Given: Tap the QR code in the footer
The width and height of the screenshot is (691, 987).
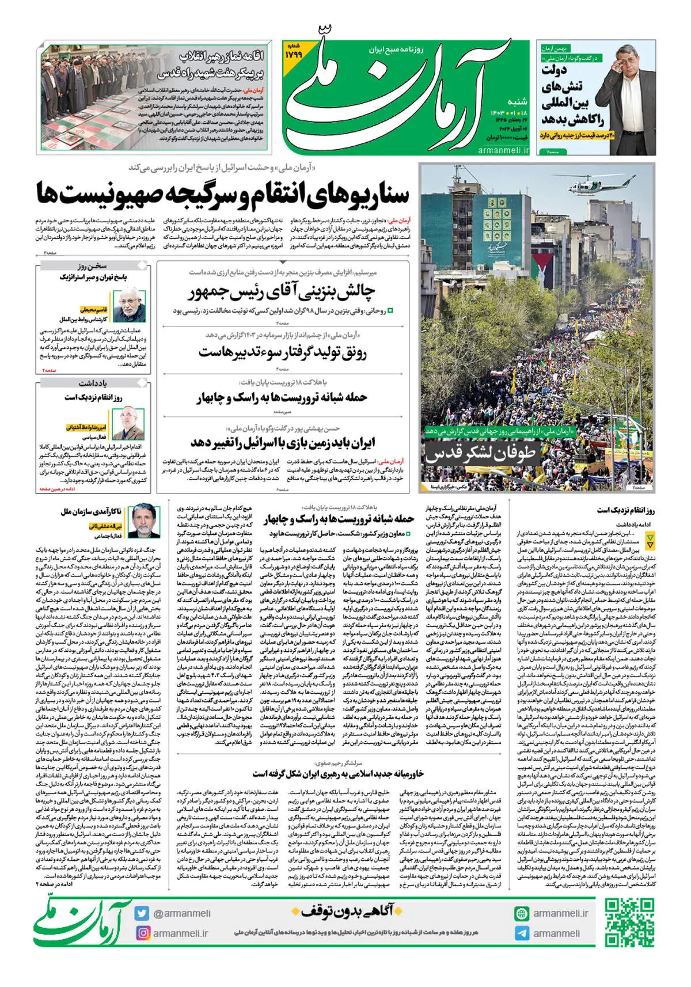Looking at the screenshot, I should pyautogui.click(x=629, y=923).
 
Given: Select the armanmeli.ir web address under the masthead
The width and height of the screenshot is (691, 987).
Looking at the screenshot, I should pyautogui.click(x=503, y=150).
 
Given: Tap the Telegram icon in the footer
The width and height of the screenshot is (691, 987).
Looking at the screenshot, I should pyautogui.click(x=522, y=933).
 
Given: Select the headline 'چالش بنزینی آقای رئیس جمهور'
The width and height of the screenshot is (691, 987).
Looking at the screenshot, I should pyautogui.click(x=282, y=292).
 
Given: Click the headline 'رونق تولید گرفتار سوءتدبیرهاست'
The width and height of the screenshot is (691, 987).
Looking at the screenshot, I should pyautogui.click(x=282, y=351).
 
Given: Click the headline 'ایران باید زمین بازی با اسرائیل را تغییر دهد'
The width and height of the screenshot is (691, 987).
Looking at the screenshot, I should pyautogui.click(x=282, y=442).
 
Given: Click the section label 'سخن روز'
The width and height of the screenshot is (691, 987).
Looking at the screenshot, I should pyautogui.click(x=92, y=266).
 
